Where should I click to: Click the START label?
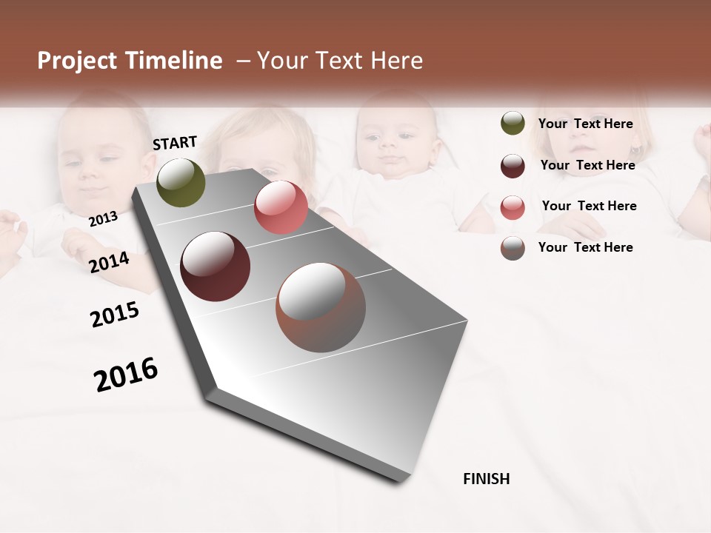pos(175,143)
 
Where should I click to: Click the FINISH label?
pos(486,479)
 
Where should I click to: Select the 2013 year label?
pos(103,218)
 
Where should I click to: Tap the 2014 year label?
pos(109,262)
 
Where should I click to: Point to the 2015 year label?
pos(115,315)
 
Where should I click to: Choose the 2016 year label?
pos(126,374)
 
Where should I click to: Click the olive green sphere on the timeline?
pos(181,182)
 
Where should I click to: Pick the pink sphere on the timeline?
pos(281,207)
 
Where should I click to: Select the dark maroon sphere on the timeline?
pos(216,266)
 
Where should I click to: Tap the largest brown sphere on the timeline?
pos(321,307)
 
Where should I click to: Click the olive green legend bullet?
pos(513,124)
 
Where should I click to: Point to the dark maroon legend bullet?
pos(513,166)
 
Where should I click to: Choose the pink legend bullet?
pos(513,207)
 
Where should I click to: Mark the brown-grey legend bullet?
pos(513,248)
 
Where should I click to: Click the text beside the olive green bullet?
pos(585,124)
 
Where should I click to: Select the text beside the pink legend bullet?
pos(589,206)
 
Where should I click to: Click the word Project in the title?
pos(77,61)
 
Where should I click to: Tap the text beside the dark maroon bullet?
pos(587,165)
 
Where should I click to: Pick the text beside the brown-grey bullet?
pos(585,247)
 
